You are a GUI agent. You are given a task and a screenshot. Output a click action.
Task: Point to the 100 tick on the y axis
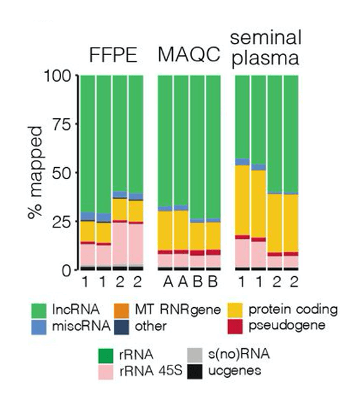click(61, 76)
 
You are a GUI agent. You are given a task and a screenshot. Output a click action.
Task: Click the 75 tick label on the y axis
click(64, 124)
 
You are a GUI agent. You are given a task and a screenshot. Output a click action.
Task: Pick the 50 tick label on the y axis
click(64, 172)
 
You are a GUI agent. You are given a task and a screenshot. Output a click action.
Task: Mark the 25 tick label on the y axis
click(64, 221)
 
